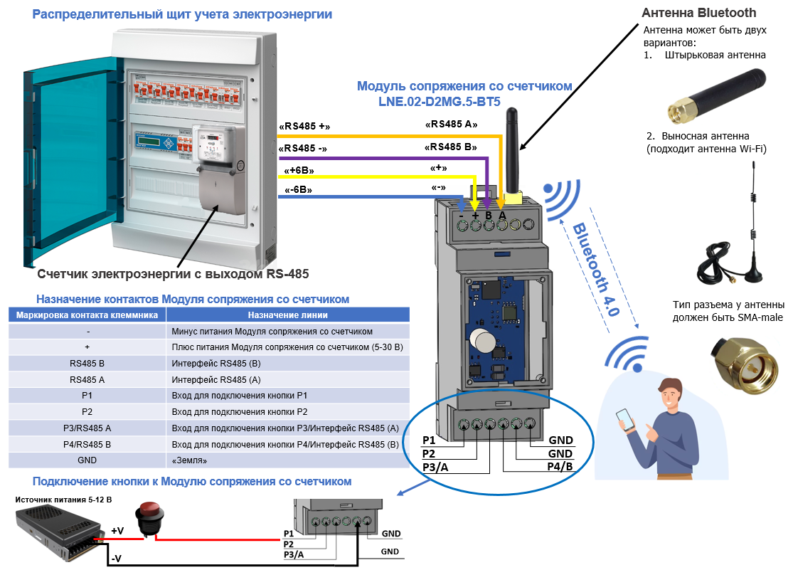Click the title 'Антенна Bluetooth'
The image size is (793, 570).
tap(698, 13)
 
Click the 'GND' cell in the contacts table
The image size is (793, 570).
tap(87, 460)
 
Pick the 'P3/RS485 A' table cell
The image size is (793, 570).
tap(87, 428)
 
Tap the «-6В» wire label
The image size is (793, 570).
tap(298, 190)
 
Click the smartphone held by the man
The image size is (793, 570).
tap(623, 418)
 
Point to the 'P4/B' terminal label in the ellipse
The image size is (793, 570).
tap(560, 467)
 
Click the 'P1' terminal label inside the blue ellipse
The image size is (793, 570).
tap(429, 440)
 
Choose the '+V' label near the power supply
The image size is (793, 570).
tap(118, 531)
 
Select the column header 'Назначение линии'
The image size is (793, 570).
tap(288, 315)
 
